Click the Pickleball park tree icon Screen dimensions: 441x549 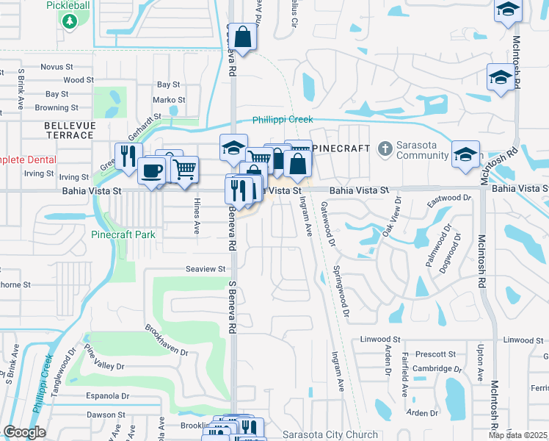(70, 22)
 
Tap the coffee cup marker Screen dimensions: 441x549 (152, 171)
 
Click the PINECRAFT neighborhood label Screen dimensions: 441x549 (341, 148)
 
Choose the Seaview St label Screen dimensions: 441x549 (205, 269)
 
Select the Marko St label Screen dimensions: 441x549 (169, 100)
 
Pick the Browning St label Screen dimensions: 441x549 (51, 107)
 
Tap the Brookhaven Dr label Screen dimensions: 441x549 (166, 340)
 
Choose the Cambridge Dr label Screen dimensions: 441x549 (438, 369)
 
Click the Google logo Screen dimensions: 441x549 (24, 432)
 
